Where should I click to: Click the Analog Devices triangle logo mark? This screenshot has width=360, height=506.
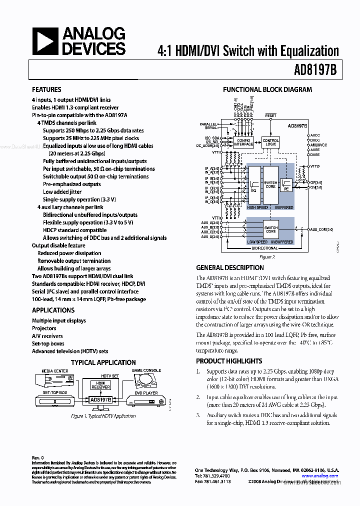click(x=46, y=41)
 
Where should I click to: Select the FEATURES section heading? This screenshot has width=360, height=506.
click(x=46, y=89)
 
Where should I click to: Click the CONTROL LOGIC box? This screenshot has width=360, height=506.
click(x=270, y=142)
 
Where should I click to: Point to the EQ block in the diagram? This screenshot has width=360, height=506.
click(x=253, y=185)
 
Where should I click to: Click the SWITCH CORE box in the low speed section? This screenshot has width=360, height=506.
click(x=270, y=229)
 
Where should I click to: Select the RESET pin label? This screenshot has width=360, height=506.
click(x=270, y=115)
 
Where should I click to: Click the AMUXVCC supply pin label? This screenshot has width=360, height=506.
click(x=318, y=145)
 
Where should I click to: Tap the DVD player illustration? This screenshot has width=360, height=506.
click(x=146, y=401)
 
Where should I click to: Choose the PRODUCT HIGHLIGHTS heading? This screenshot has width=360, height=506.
click(x=229, y=361)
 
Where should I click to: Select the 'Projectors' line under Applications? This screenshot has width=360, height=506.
click(x=44, y=328)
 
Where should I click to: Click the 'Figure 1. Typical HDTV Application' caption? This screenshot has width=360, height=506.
click(x=103, y=416)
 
